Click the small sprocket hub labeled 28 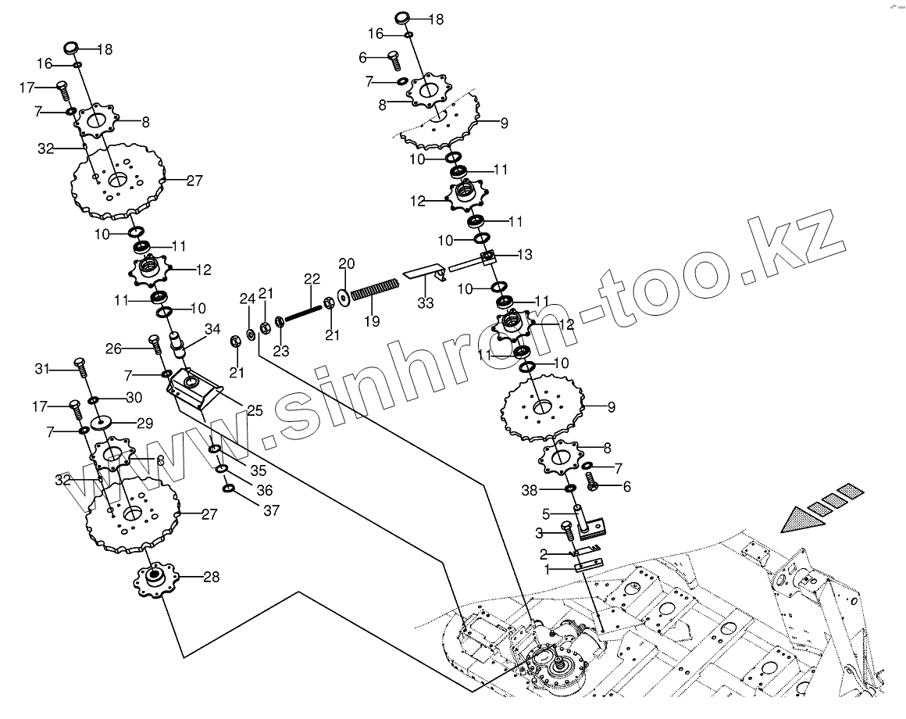[x=156, y=579]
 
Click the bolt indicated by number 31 [x=79, y=365]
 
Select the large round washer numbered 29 [x=101, y=423]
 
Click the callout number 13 [x=524, y=254]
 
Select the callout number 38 [x=552, y=490]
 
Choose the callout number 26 [x=114, y=348]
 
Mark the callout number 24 [x=247, y=299]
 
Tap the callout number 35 [x=258, y=470]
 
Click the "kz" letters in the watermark [x=805, y=242]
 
